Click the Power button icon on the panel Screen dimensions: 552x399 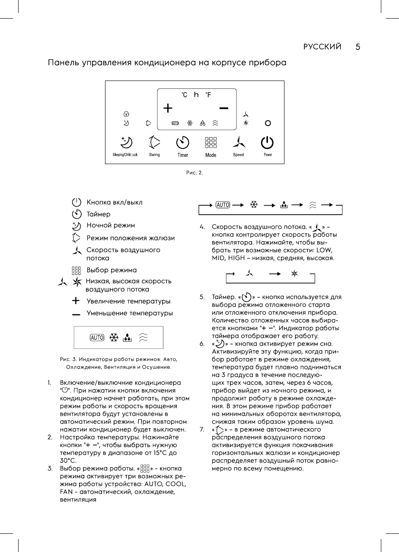tap(268, 142)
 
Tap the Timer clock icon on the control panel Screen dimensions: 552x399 tap(183, 142)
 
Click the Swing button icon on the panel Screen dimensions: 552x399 tap(154, 142)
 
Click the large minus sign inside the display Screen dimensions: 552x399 tap(223, 107)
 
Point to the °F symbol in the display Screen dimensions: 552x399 tap(208, 95)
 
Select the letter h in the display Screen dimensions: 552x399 tap(196, 94)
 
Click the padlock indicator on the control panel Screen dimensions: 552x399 tap(126, 114)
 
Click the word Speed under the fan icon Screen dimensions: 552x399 tap(238, 155)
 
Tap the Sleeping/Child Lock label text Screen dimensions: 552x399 tap(125, 155)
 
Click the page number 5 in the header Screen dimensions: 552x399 tap(358, 47)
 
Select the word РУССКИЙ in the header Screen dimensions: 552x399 tap(322, 47)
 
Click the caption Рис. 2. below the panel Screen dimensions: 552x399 tap(195, 172)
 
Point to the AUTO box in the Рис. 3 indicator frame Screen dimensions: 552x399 tap(97, 338)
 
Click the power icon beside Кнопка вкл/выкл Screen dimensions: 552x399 tap(77, 202)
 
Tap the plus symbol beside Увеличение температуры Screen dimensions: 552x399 tap(77, 301)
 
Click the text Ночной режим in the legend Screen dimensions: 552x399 tap(111, 225)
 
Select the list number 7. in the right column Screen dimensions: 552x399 tap(202, 429)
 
